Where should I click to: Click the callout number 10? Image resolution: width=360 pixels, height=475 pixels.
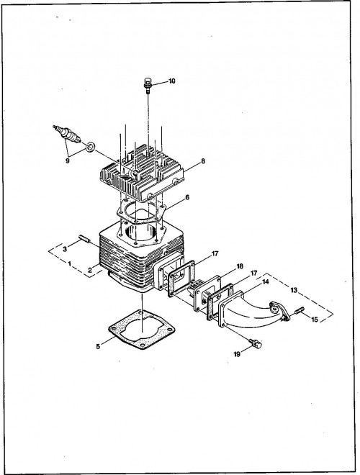tap(172, 81)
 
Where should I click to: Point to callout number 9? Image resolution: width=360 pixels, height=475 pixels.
tap(68, 160)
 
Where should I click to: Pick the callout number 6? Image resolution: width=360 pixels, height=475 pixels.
tap(187, 197)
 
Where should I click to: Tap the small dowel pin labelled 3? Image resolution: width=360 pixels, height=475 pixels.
tap(85, 238)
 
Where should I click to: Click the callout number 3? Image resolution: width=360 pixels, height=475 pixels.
tap(65, 249)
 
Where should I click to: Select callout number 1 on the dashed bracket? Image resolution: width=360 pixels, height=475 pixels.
tap(70, 264)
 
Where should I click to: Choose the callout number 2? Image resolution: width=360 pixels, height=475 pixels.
tap(90, 271)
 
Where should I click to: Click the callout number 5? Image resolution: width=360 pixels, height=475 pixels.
tap(98, 346)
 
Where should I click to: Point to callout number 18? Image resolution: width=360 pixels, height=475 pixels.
tap(240, 266)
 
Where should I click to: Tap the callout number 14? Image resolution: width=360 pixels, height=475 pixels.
tap(266, 281)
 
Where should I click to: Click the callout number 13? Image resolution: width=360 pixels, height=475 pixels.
tap(294, 290)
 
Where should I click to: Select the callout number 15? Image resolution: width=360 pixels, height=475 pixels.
tap(315, 320)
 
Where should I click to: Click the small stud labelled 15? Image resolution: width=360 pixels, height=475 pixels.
tap(300, 310)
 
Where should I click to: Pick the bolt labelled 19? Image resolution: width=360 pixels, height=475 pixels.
tap(255, 343)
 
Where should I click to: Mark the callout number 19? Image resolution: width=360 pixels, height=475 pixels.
tap(237, 354)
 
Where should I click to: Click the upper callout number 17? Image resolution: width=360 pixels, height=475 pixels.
tap(215, 253)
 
